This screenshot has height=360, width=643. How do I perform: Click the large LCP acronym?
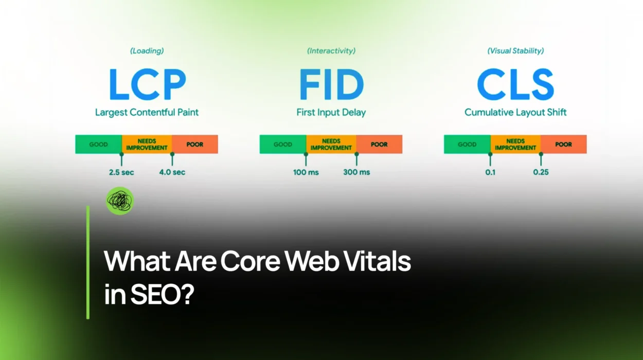point(147,85)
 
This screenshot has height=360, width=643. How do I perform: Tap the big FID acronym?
point(331,85)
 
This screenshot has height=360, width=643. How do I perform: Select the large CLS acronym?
point(515,85)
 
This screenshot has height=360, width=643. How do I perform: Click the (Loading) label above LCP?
point(147,51)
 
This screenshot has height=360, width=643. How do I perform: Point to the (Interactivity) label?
point(331,51)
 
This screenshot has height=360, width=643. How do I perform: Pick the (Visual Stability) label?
point(515,51)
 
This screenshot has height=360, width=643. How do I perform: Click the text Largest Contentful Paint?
point(147,112)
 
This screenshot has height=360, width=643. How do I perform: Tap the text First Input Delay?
point(331,112)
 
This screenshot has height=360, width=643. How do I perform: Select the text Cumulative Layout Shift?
point(515,112)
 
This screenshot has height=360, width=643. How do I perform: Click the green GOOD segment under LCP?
point(98,145)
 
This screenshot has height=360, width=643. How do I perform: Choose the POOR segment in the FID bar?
point(379,145)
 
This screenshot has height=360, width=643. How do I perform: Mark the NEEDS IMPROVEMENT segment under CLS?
point(515,145)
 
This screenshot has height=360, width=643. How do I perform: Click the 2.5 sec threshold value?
point(121,172)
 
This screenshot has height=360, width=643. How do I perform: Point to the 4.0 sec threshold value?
point(172,172)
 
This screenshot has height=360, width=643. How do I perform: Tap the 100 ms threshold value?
point(306,172)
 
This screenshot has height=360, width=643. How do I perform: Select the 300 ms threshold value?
point(356,172)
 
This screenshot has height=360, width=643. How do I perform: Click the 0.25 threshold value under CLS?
point(541,172)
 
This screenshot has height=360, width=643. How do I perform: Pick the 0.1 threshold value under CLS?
point(490,172)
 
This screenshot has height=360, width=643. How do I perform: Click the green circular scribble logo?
point(119,201)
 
